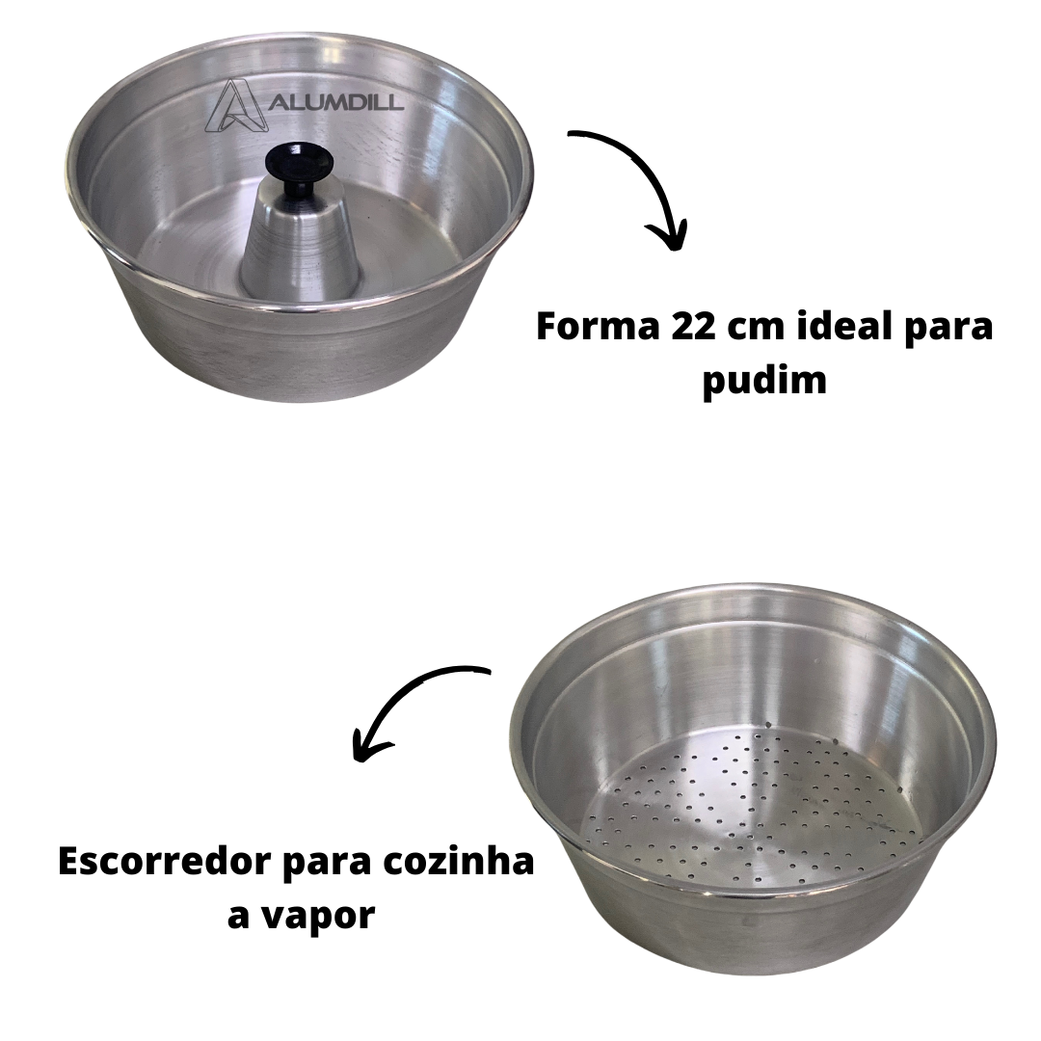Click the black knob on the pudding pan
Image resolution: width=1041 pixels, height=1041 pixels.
tap(298, 168)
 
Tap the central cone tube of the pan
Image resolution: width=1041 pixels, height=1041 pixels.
tap(300, 247)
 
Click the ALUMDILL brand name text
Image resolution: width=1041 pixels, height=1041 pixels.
tap(336, 102)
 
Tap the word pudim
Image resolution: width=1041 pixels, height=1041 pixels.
tap(764, 381)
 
